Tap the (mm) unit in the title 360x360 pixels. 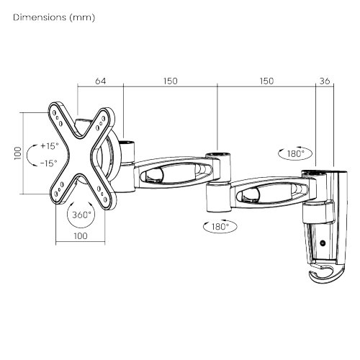(81, 17)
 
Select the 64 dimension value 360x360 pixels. (100, 82)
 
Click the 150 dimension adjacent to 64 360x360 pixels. (170, 82)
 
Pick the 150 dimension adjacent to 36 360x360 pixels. (266, 82)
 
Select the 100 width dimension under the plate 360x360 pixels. (79, 235)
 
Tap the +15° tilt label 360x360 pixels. (49, 145)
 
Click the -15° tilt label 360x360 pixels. (49, 163)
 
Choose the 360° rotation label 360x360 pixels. (81, 215)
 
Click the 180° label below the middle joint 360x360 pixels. (220, 226)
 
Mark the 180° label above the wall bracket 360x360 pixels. (294, 153)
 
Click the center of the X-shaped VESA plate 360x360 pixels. (81, 153)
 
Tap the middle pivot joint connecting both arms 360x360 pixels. (217, 184)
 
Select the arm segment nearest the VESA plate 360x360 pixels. (168, 174)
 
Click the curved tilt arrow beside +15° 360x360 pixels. (30, 154)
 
